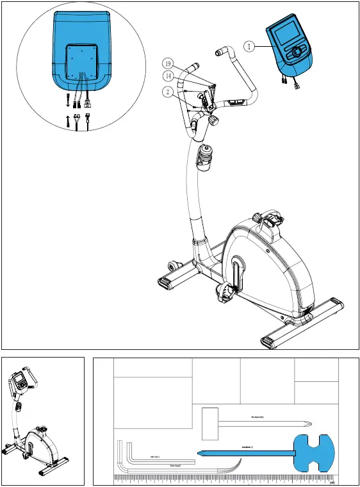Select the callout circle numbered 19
[x=168, y=64]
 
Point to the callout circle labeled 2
[x=166, y=92]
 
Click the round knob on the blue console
[x=296, y=53]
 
